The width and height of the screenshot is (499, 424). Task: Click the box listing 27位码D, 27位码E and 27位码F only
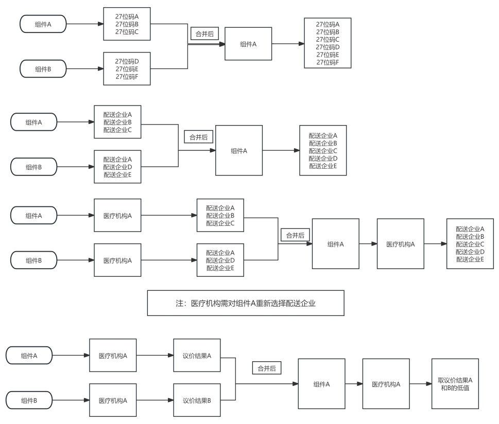coord(127,68)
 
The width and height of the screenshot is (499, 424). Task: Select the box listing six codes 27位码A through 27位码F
coord(328,44)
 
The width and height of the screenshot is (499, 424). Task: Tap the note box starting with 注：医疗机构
coord(245,303)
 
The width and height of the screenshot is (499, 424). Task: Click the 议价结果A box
coord(197,355)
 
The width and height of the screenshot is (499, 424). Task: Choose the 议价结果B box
coord(197,400)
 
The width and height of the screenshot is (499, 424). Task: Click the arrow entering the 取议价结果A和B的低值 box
coord(420,384)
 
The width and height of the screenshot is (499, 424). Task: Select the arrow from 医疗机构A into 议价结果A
coord(155,355)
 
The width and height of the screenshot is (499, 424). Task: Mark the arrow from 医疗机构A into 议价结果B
coord(155,400)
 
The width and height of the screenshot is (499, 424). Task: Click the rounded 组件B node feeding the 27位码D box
coord(43,68)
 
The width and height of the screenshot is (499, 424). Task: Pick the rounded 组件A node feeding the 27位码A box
coord(43,24)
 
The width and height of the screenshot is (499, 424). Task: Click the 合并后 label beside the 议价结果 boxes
coord(266,368)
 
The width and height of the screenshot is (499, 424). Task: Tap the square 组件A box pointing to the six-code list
coord(248,44)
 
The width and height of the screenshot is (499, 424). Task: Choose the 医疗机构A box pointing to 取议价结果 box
coord(386,384)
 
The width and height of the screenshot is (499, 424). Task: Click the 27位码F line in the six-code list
coord(328,63)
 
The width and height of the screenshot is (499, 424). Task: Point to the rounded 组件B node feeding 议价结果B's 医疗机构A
coord(29,400)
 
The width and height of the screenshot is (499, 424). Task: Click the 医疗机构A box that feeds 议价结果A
coord(113,355)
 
